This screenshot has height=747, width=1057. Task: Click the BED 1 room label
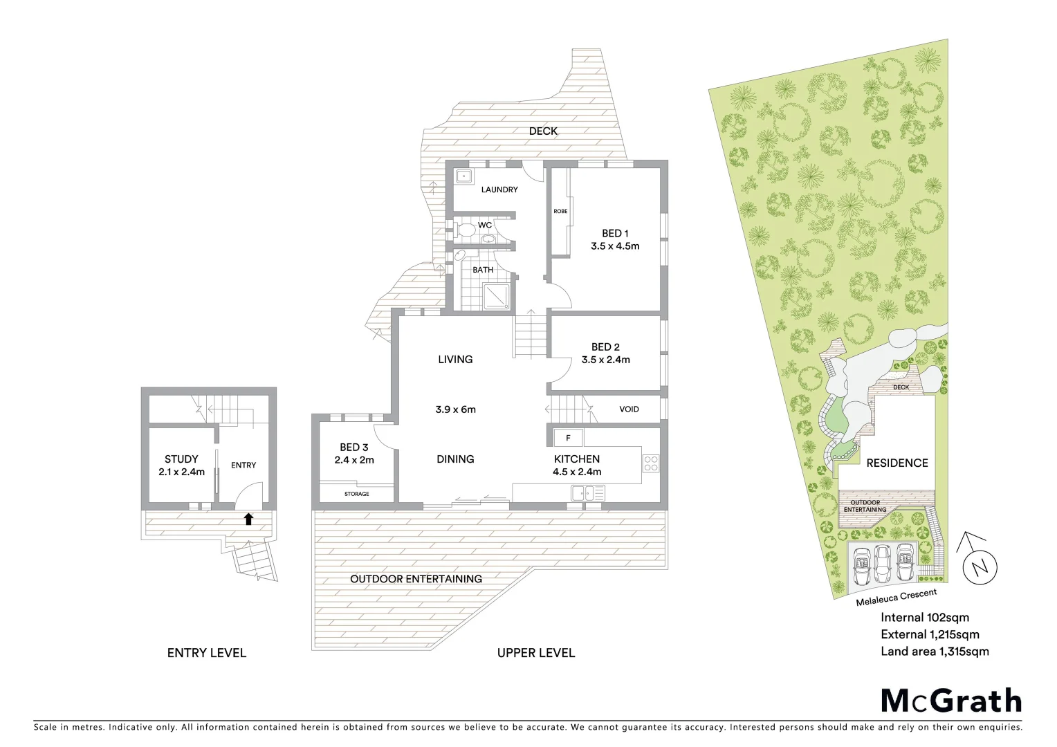(x=614, y=234)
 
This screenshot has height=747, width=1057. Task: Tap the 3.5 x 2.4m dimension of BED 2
(x=605, y=360)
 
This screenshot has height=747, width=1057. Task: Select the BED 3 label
(x=353, y=448)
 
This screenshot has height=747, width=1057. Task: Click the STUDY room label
(x=181, y=459)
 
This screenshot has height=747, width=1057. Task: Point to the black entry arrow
(x=248, y=519)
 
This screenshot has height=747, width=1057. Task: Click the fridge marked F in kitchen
(x=568, y=438)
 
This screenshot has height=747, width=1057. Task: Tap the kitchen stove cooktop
(x=650, y=463)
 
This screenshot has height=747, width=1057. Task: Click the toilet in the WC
(x=465, y=229)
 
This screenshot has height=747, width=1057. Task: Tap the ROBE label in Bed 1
(x=560, y=211)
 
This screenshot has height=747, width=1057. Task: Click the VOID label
(x=629, y=409)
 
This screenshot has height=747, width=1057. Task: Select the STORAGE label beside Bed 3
(x=357, y=494)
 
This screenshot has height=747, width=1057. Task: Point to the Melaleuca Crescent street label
(x=896, y=597)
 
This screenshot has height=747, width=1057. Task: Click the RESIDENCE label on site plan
(x=897, y=463)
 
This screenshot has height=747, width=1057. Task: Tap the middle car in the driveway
(x=883, y=564)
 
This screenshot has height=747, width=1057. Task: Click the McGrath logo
(x=951, y=701)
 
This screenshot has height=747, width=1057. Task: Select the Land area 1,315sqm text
(x=935, y=652)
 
